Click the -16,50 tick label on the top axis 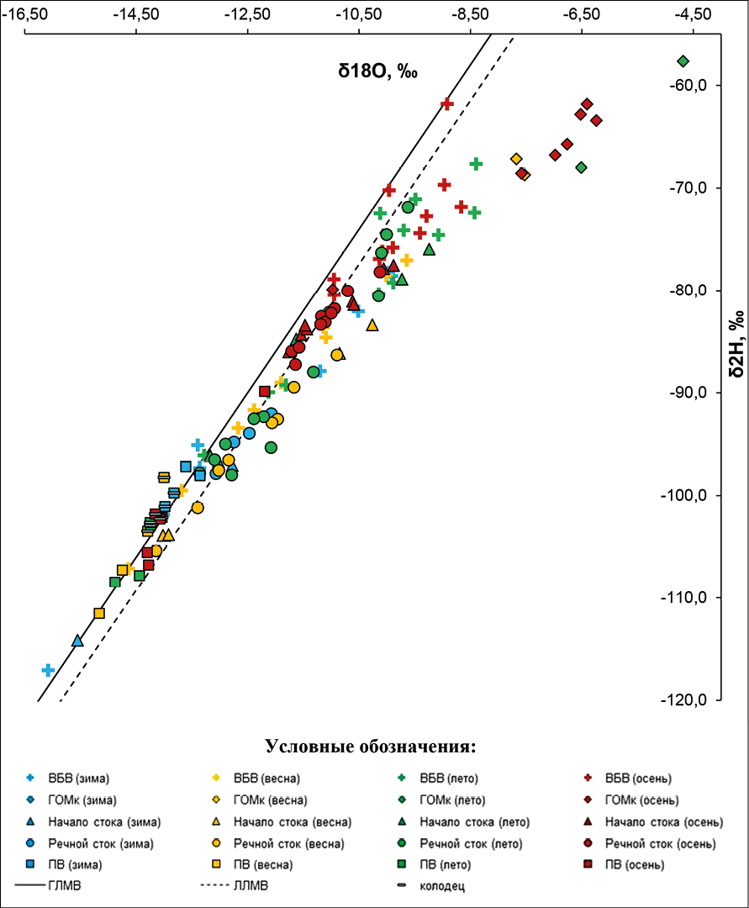(25, 14)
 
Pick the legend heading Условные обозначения (371, 746)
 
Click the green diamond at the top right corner (683, 61)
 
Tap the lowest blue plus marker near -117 (48, 670)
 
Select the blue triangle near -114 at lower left (77, 641)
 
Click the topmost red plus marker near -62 (447, 103)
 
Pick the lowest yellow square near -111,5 (99, 613)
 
